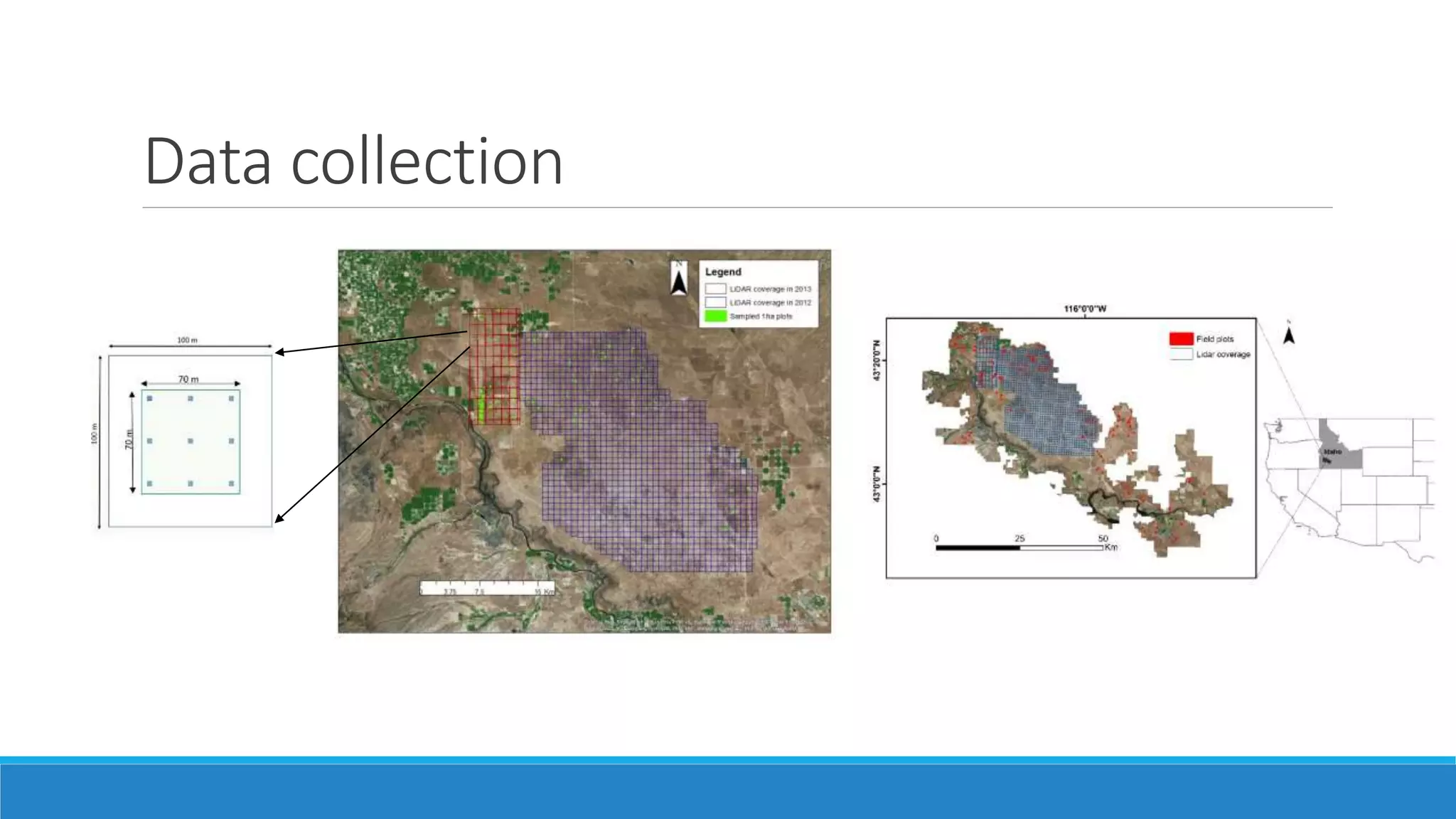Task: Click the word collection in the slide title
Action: point(427,162)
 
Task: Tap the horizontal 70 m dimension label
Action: point(188,380)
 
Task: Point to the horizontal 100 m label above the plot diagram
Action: point(188,341)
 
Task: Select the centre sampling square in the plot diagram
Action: point(191,441)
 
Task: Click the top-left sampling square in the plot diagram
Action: point(149,399)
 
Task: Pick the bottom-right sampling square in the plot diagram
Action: point(232,483)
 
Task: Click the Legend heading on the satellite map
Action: point(723,272)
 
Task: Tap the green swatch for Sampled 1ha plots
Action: point(716,316)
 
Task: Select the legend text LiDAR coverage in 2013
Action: point(770,289)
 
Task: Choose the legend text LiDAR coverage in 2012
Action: point(770,303)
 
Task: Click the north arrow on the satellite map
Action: point(679,279)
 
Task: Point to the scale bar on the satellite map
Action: point(487,588)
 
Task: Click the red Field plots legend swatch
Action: point(1181,339)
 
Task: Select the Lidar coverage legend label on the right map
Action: point(1223,354)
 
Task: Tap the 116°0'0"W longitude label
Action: point(1085,309)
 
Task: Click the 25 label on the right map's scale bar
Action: point(1019,539)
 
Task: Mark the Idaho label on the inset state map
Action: point(1332,451)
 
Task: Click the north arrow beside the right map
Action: point(1288,333)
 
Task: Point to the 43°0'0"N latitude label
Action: point(877,484)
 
